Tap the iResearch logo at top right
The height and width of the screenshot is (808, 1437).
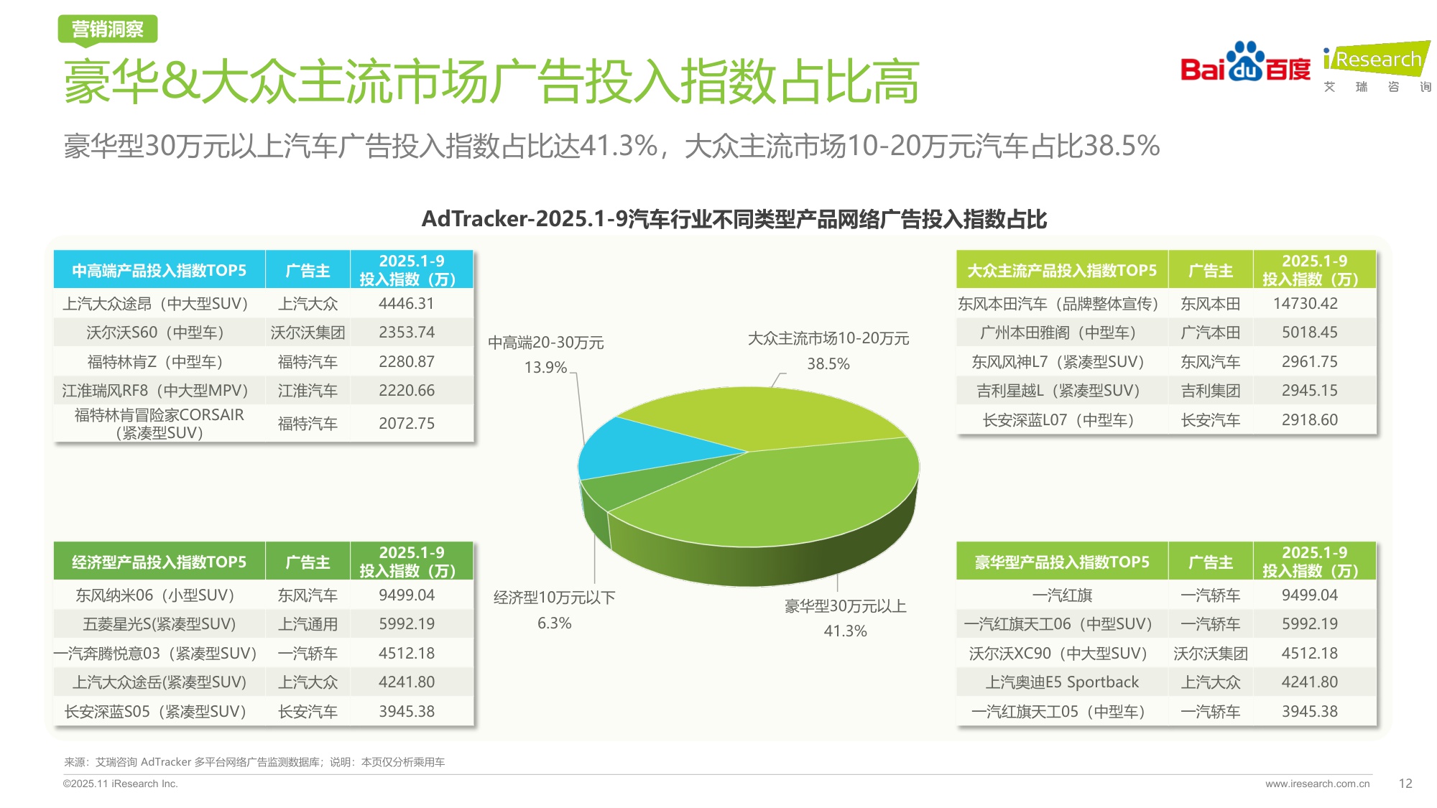tap(1377, 65)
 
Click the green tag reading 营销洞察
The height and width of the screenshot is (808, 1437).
tap(108, 29)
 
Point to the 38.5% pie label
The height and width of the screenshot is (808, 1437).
tap(828, 364)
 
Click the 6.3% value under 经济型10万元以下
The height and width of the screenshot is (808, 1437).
tap(554, 623)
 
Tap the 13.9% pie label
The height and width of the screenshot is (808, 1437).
tap(545, 368)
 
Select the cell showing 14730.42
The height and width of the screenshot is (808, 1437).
tap(1305, 304)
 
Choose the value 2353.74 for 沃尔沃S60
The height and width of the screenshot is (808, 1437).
tap(407, 333)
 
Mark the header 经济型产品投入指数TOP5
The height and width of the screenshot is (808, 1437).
tap(160, 562)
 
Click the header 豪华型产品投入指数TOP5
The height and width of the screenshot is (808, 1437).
tap(1062, 562)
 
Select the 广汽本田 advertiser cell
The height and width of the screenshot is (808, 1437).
tap(1210, 333)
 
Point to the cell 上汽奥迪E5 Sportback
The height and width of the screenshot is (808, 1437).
tap(1062, 682)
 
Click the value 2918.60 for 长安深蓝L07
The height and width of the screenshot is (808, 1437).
tap(1309, 420)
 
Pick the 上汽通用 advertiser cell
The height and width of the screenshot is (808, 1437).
tap(308, 624)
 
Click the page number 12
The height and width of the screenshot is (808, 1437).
tap(1405, 784)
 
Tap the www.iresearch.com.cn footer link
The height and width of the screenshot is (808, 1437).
tap(1317, 784)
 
